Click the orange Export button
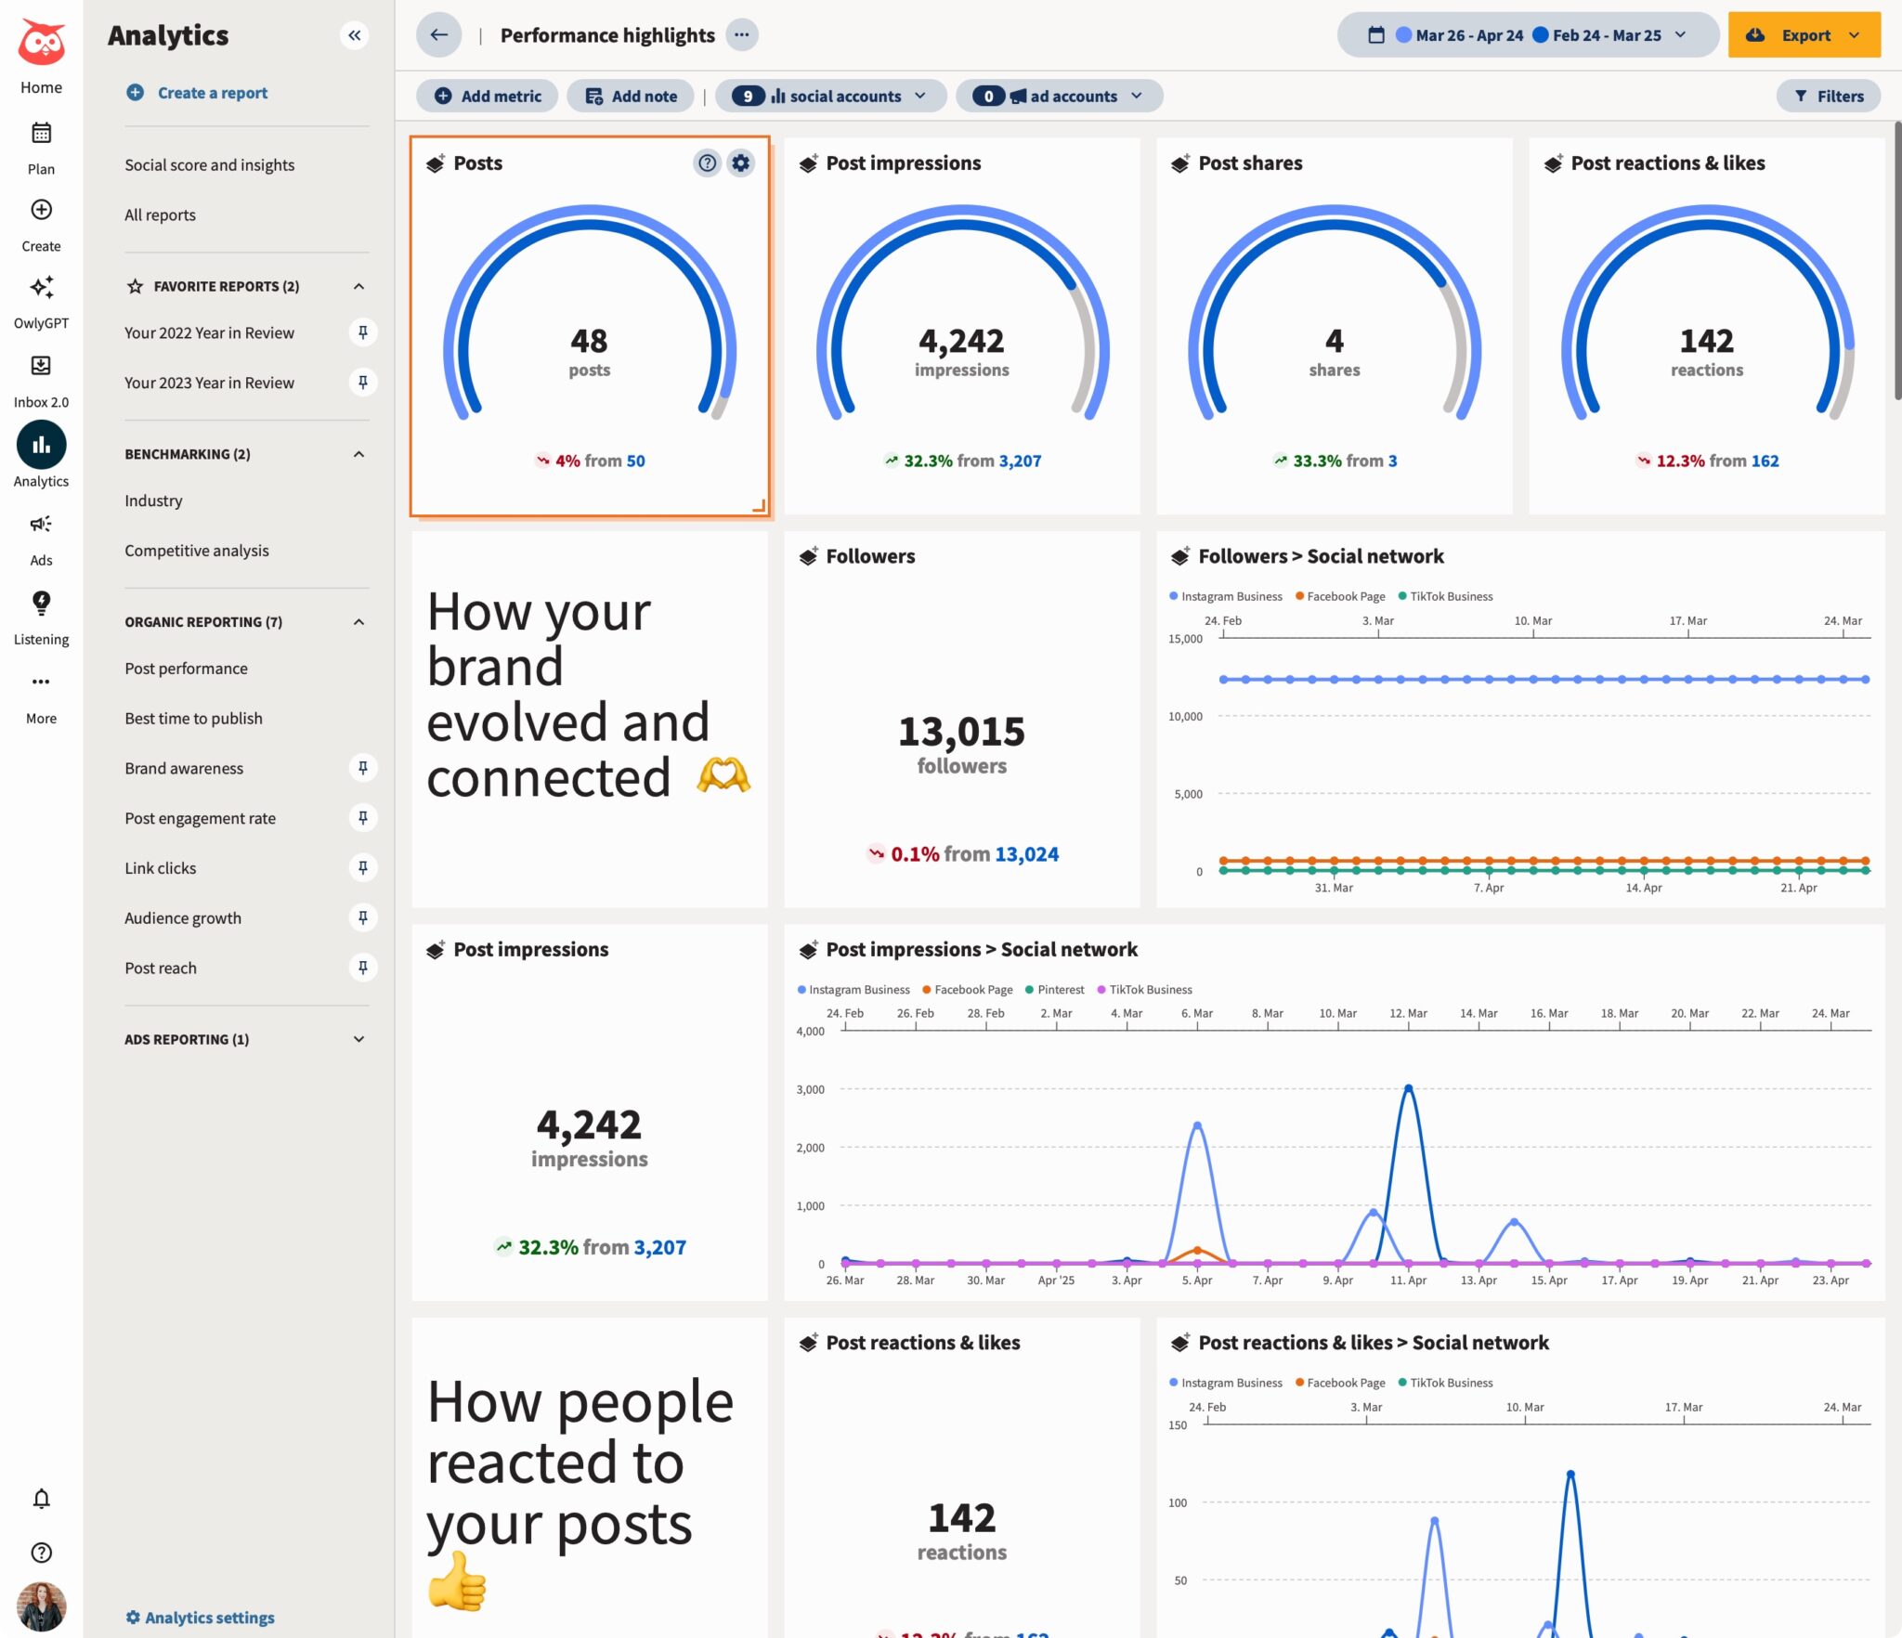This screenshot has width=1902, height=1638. (1803, 35)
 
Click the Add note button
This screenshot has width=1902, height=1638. (631, 96)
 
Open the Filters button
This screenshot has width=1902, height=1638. (1828, 96)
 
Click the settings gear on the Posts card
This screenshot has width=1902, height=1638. (740, 163)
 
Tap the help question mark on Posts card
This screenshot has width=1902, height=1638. (708, 163)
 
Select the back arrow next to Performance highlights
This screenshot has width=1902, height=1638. (438, 35)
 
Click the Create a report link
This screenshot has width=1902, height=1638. (212, 93)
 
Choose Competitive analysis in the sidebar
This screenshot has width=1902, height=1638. (197, 551)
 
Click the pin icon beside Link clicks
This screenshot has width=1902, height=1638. (362, 867)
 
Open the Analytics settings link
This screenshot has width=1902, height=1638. (209, 1617)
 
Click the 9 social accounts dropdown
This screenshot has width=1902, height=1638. (830, 96)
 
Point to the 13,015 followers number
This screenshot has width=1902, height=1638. (961, 732)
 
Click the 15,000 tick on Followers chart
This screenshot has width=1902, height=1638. (1185, 639)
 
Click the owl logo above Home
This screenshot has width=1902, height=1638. (41, 42)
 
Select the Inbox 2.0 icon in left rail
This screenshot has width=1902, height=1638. (41, 366)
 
